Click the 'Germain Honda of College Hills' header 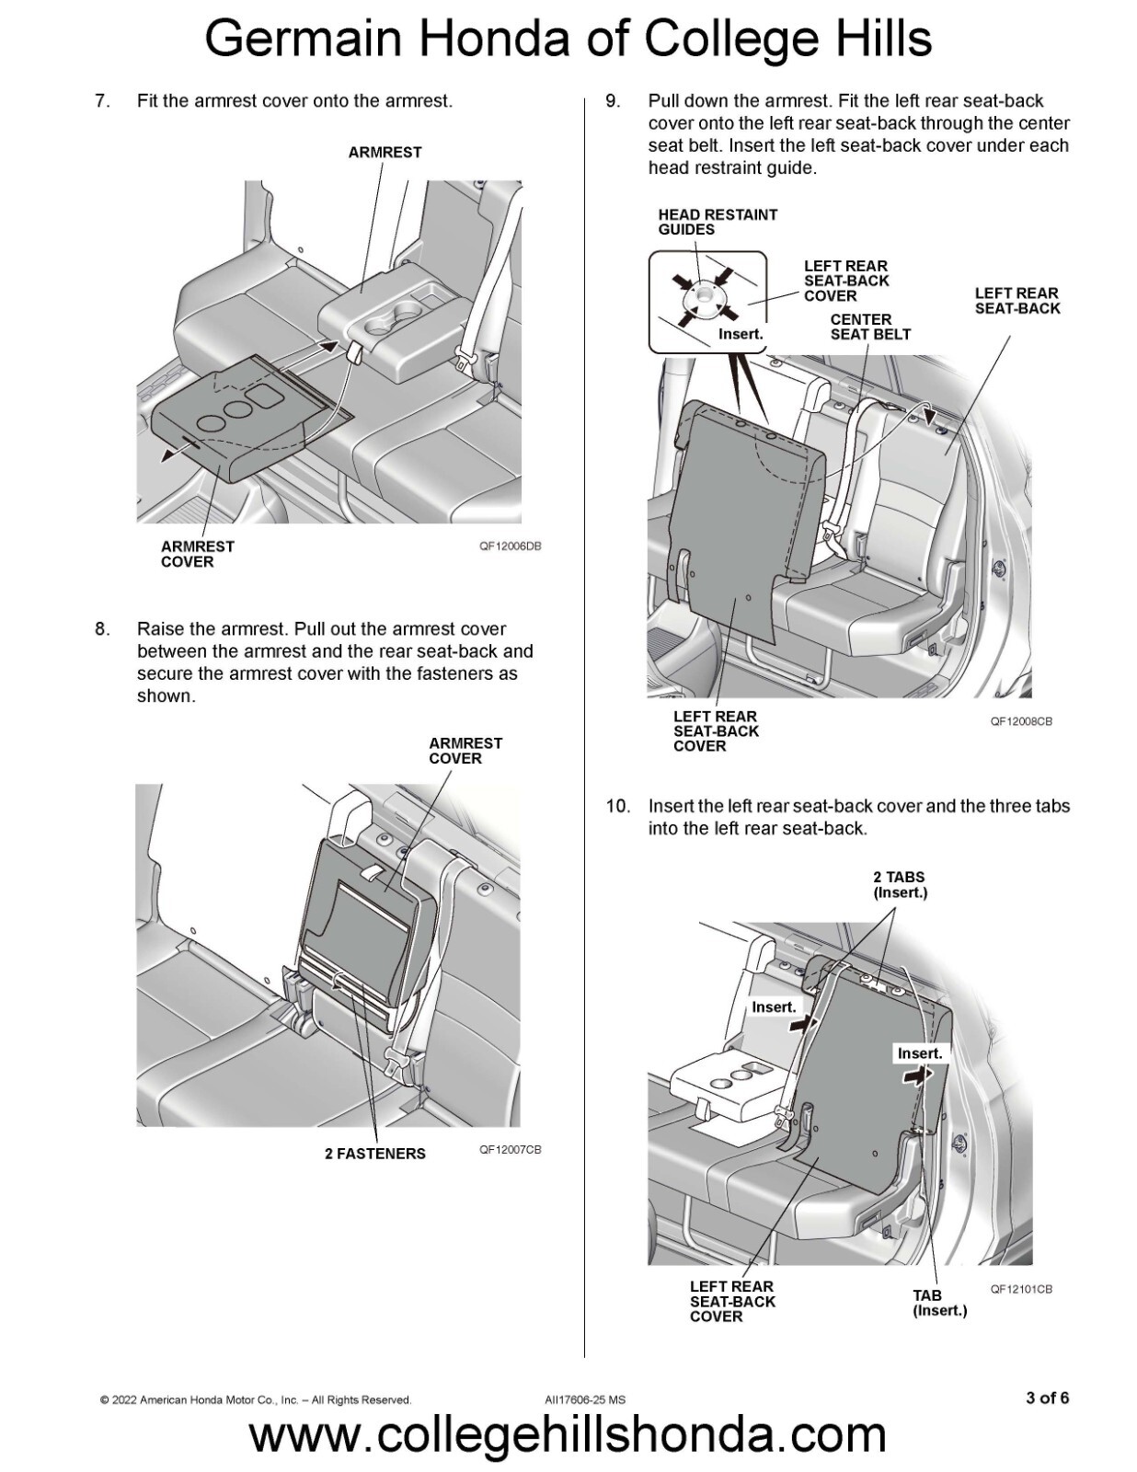[x=568, y=40]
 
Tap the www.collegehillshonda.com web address [x=568, y=1435]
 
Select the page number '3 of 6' [x=1047, y=1397]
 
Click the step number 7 [x=102, y=101]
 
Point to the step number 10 [x=617, y=806]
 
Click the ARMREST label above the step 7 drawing [x=385, y=152]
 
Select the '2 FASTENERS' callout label [x=374, y=1153]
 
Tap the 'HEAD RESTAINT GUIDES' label [x=718, y=222]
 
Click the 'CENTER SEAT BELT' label [x=869, y=327]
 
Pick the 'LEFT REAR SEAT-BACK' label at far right [x=1016, y=301]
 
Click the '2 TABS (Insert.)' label [x=900, y=884]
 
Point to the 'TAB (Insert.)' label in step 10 [x=939, y=1302]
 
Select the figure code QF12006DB [x=510, y=546]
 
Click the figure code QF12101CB [x=1021, y=1289]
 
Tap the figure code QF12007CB [x=510, y=1149]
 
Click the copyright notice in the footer [x=256, y=1399]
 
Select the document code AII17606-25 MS [x=585, y=1399]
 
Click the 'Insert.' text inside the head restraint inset [x=741, y=334]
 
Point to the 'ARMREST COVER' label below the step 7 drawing [x=197, y=554]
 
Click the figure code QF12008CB [x=1021, y=721]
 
